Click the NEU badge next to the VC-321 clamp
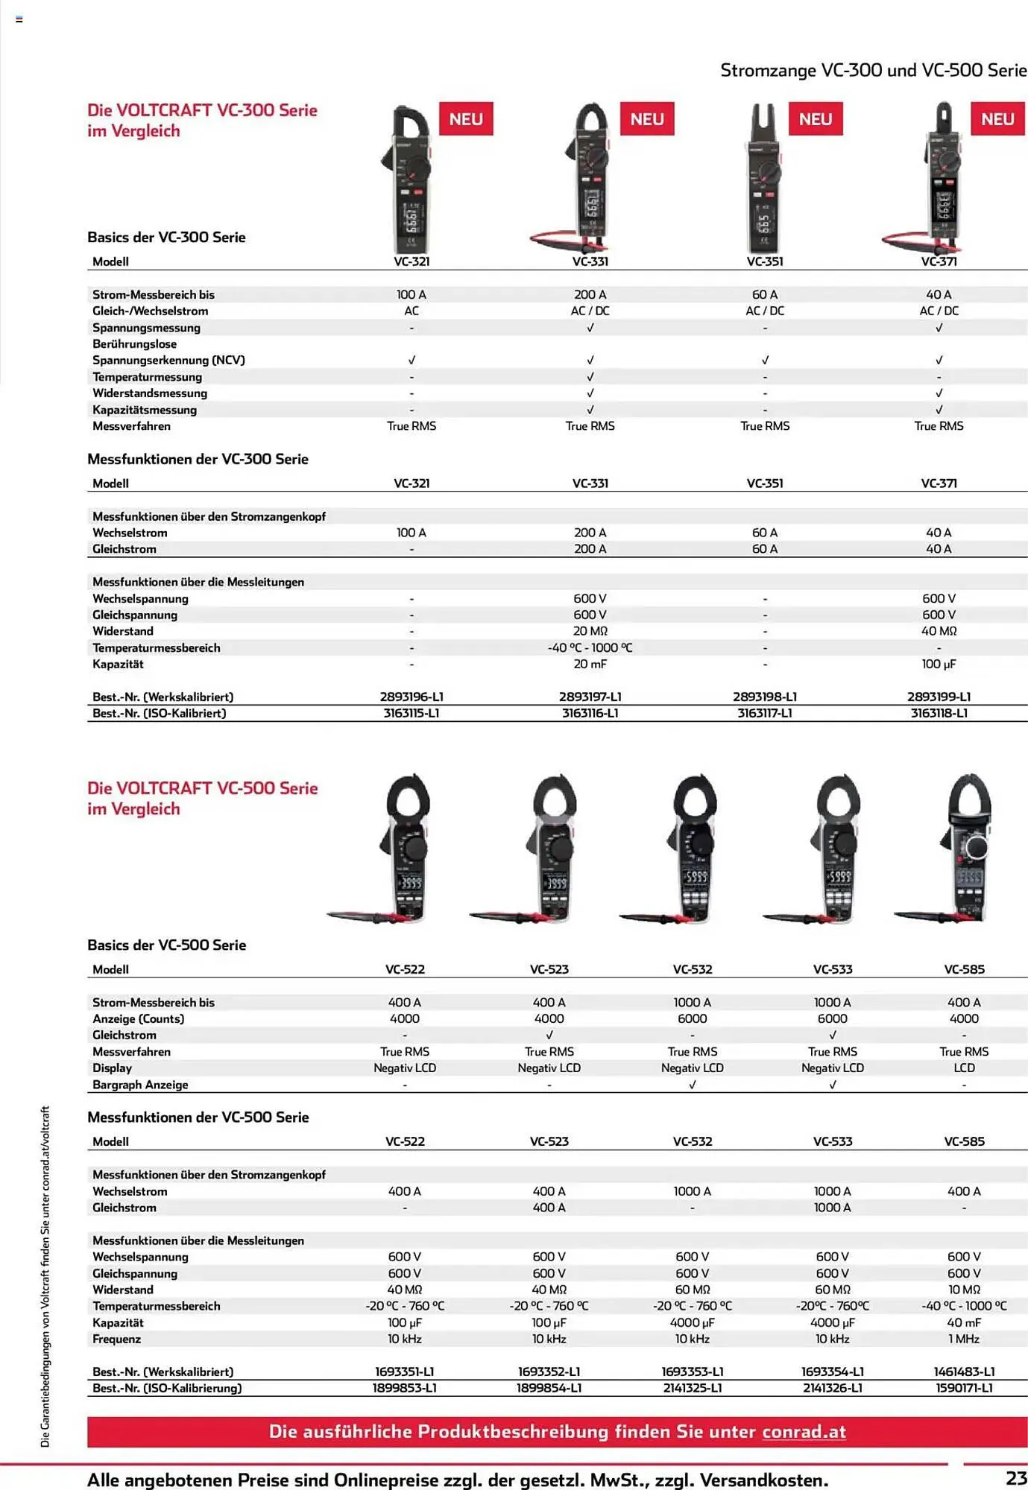pyautogui.click(x=466, y=119)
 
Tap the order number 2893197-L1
pyautogui.click(x=590, y=697)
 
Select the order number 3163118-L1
pyautogui.click(x=939, y=713)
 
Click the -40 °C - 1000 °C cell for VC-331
pyautogui.click(x=590, y=647)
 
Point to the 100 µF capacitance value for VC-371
pyautogui.click(x=939, y=664)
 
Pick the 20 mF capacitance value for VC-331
pyautogui.click(x=590, y=664)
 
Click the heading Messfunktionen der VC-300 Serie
pyautogui.click(x=198, y=459)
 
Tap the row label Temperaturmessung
pyautogui.click(x=147, y=377)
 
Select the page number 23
pyautogui.click(x=1015, y=1478)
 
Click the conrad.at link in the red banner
pyautogui.click(x=804, y=1431)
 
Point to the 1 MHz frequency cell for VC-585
pyautogui.click(x=964, y=1339)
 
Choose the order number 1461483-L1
pyautogui.click(x=964, y=1372)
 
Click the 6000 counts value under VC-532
pyautogui.click(x=692, y=1018)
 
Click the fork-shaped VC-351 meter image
pyautogui.click(x=764, y=179)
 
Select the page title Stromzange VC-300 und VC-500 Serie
pyautogui.click(x=873, y=70)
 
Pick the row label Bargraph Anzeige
pyautogui.click(x=140, y=1085)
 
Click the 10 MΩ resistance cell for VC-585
pyautogui.click(x=964, y=1290)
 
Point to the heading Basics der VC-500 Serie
pyautogui.click(x=166, y=945)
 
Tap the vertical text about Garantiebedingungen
pyautogui.click(x=45, y=1275)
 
